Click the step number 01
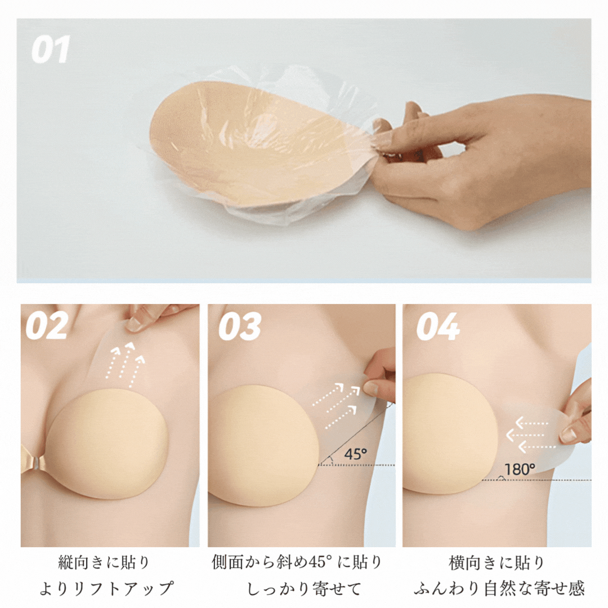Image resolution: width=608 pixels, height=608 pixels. pyautogui.click(x=51, y=49)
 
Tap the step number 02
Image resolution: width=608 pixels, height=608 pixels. pyautogui.click(x=47, y=326)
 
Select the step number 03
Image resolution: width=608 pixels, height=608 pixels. pyautogui.click(x=240, y=327)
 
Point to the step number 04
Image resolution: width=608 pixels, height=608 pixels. pyautogui.click(x=438, y=327)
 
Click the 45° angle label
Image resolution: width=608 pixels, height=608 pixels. pyautogui.click(x=355, y=454)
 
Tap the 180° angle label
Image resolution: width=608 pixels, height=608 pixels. pyautogui.click(x=520, y=469)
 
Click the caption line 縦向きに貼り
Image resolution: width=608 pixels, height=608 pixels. pyautogui.click(x=104, y=562)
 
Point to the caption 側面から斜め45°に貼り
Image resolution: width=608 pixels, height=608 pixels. pyautogui.click(x=297, y=562)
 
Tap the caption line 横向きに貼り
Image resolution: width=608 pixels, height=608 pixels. pyautogui.click(x=497, y=563)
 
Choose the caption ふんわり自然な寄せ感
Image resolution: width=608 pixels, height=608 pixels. pyautogui.click(x=499, y=589)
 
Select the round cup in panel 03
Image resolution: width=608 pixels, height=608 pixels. pyautogui.click(x=263, y=445)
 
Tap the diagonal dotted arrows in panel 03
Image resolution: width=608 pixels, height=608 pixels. pyautogui.click(x=336, y=404)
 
